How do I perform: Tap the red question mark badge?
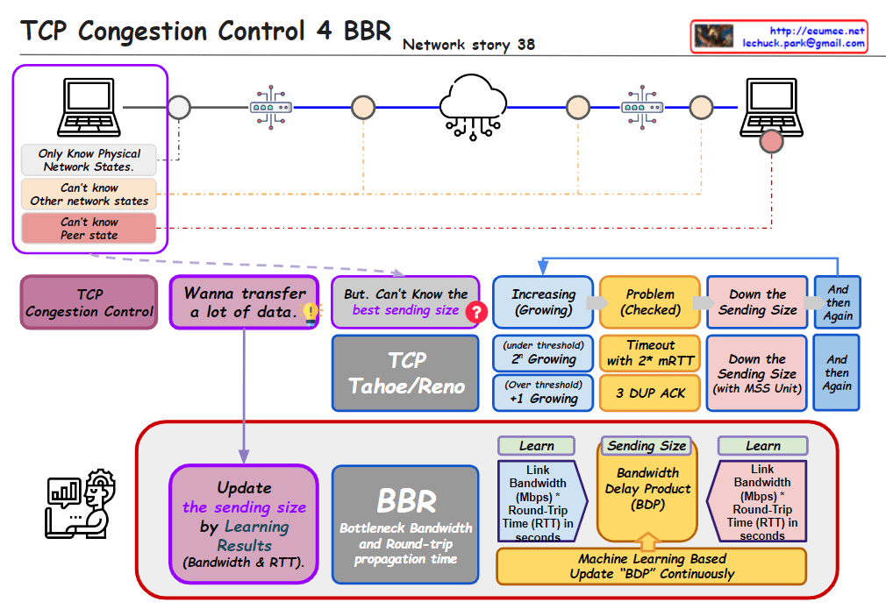point(476,312)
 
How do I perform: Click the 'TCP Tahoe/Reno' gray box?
point(405,373)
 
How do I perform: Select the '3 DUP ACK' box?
point(650,393)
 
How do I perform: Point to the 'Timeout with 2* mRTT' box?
point(650,353)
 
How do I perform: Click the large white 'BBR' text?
point(406,500)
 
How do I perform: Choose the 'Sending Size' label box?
point(647,445)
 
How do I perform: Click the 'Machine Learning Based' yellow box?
point(652,566)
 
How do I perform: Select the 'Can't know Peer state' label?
point(89,229)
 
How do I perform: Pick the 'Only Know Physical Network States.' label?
point(89,159)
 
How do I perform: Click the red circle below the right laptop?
point(771,141)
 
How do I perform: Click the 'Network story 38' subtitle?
point(468,45)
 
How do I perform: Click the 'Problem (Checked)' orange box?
point(650,302)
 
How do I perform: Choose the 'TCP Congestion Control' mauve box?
point(89,303)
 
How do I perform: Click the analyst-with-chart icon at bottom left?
point(80,503)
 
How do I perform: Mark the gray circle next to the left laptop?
point(179,107)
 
